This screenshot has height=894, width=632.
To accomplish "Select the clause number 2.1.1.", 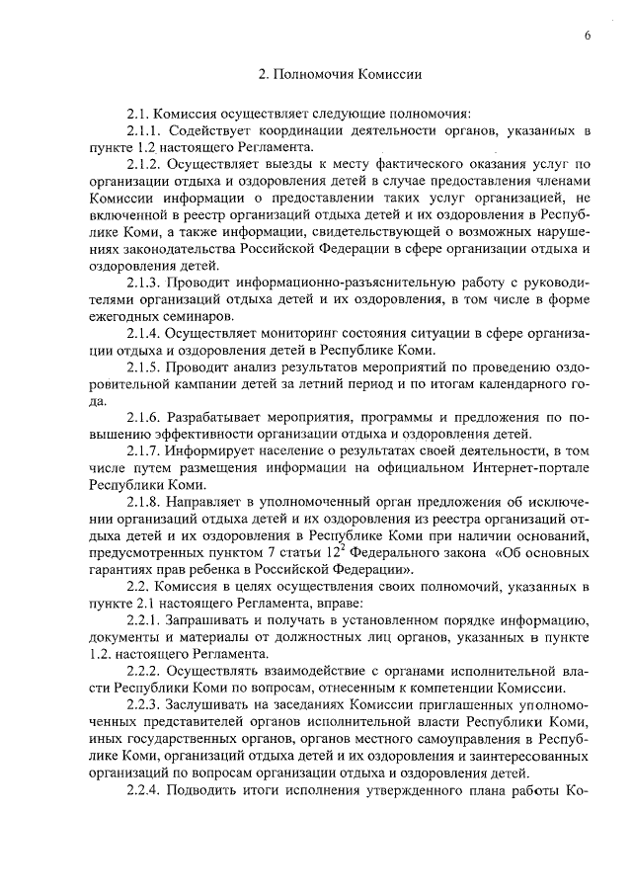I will [x=144, y=130].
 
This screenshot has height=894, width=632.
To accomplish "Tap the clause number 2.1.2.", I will [x=145, y=163].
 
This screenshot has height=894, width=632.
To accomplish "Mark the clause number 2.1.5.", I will [x=144, y=368].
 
